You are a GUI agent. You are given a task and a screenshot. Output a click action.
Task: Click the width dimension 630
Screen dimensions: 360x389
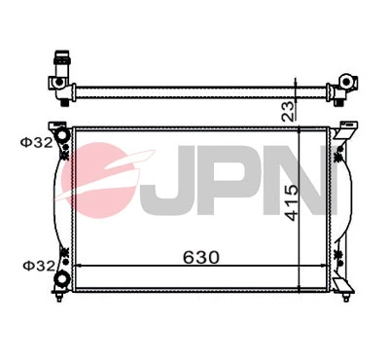(198, 257)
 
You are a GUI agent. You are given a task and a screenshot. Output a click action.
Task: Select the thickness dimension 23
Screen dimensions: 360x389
(288, 109)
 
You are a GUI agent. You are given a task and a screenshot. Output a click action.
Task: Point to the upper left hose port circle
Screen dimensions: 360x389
(59, 133)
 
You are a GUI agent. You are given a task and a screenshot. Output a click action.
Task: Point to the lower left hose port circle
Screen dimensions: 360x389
(62, 280)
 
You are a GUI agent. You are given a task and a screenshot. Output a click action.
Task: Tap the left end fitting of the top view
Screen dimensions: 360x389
(57, 90)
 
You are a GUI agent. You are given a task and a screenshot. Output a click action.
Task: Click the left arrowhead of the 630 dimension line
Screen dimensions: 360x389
(79, 267)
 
